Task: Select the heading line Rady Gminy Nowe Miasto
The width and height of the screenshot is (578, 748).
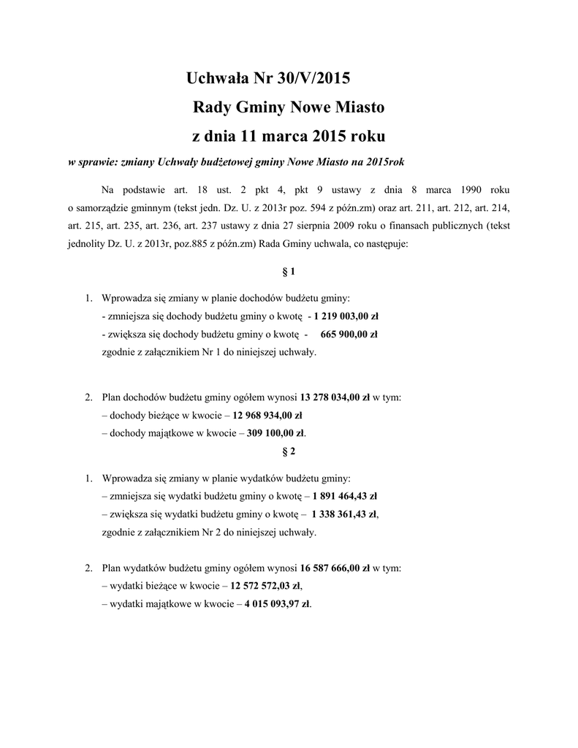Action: tap(288, 108)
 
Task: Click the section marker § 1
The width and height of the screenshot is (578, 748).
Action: tap(289, 272)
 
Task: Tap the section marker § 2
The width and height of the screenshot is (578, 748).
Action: tap(289, 451)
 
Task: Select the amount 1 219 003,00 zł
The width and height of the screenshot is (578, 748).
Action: tap(346, 317)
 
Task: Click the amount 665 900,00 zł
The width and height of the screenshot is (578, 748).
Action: tap(349, 335)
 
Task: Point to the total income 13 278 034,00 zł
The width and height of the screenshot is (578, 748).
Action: tap(335, 398)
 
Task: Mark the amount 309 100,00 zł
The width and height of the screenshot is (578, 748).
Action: tap(275, 433)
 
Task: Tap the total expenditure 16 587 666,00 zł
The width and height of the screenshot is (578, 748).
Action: tap(335, 568)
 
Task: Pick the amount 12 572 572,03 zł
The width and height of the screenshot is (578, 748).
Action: tap(265, 586)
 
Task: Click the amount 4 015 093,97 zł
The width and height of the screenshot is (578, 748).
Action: tap(277, 603)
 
